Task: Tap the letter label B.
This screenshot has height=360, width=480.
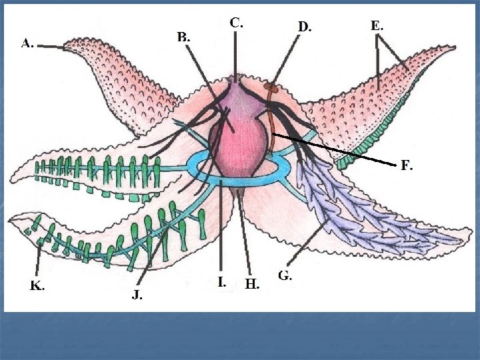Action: coord(183,37)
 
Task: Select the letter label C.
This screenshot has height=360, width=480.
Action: coord(236,22)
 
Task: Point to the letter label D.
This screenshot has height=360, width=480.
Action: coord(304,27)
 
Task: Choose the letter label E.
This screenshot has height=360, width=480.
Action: coord(377,26)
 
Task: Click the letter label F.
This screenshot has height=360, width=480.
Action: coord(406,167)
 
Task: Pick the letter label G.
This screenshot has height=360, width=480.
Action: coord(285,275)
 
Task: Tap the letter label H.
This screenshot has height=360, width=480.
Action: coord(252,284)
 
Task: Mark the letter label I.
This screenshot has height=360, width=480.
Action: coord(221,281)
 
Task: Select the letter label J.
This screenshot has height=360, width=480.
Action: coord(137,294)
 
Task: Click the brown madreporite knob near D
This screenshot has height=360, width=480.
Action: coord(270,87)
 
